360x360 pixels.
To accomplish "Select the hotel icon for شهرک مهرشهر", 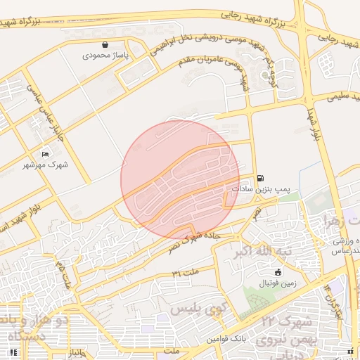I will point(46,154).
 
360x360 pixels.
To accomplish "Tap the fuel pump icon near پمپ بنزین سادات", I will point(262,179).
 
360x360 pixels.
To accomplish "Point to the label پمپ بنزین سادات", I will point(262,189).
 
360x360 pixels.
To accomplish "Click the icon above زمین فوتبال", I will point(278,272).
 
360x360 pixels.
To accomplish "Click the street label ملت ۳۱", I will point(186,272).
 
